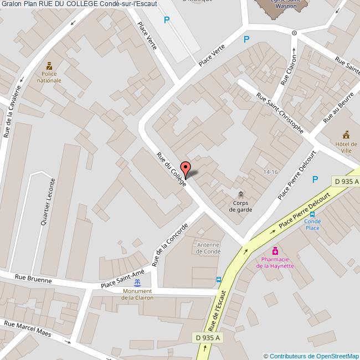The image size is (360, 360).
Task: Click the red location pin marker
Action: (186, 168)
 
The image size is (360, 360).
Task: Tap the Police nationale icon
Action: (49, 66)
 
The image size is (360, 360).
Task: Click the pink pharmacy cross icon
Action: (275, 251)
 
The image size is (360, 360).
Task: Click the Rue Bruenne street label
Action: (33, 279)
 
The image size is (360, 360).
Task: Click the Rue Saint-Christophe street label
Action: (279, 113)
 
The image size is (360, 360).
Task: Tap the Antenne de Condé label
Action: (209, 248)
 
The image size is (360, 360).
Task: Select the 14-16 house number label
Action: (270, 172)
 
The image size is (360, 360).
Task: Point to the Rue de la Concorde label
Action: (169, 245)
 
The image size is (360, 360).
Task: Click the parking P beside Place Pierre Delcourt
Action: (315, 179)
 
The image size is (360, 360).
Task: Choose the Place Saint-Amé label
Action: (122, 279)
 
